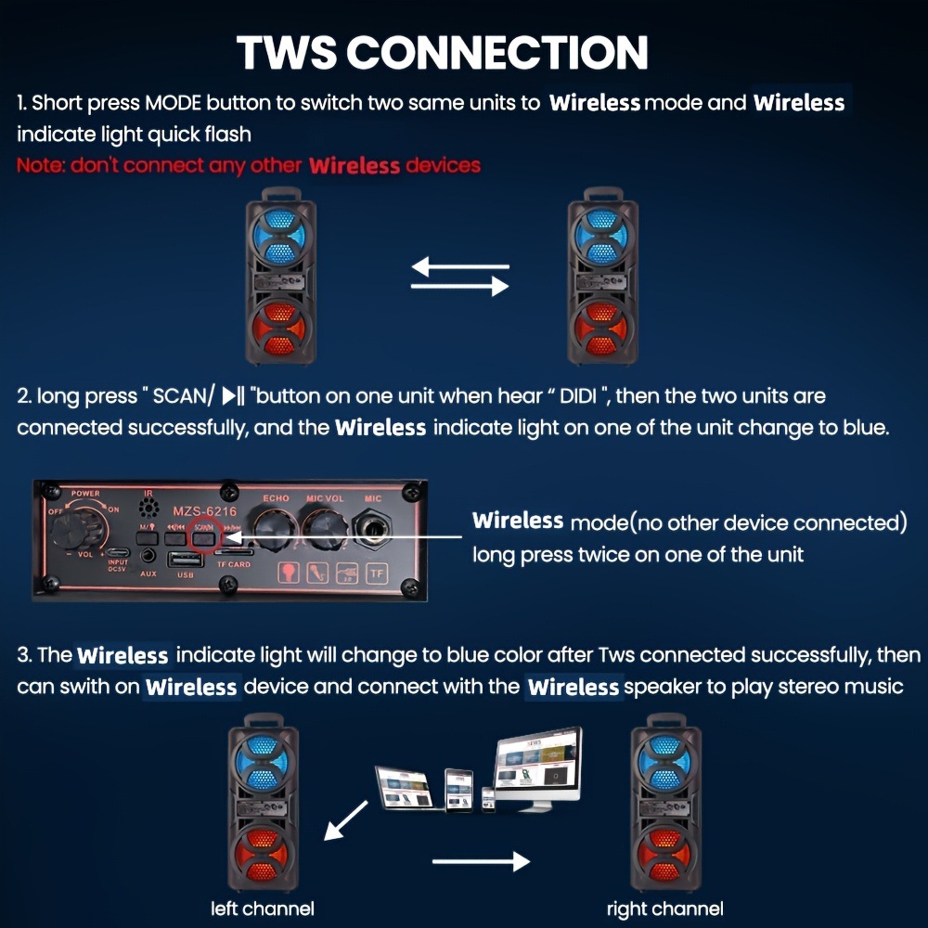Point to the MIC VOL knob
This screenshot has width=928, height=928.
coord(324,531)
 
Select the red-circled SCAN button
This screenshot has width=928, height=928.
coord(203,535)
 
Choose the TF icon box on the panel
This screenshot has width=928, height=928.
coord(377,573)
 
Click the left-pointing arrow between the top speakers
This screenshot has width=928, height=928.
coord(460,268)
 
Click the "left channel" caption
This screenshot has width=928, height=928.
coord(263,909)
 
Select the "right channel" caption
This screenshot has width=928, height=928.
coord(664,909)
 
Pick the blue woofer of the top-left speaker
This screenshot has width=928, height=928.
coord(279,237)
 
